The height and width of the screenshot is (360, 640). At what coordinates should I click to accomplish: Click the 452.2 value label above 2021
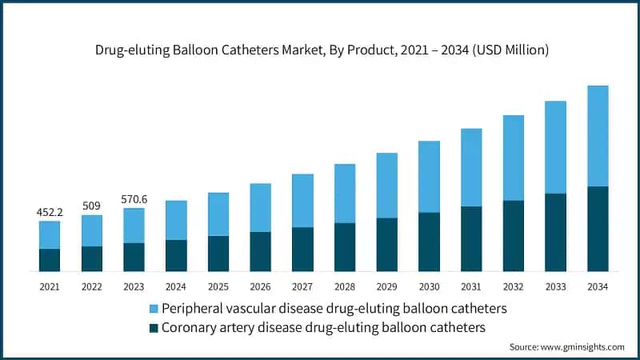50,213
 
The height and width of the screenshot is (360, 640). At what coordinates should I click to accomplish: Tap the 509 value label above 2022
91,206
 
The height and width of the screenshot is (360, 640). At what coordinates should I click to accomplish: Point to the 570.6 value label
134,199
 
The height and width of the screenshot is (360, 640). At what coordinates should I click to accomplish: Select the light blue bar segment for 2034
598,136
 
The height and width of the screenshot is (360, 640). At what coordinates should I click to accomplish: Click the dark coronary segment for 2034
598,229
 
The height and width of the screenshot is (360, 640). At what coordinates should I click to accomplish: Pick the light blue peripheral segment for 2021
50,234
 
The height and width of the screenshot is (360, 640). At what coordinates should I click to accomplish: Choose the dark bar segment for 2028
345,246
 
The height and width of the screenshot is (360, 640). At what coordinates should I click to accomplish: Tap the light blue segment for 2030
429,177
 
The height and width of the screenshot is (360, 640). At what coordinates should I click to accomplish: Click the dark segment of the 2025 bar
218,253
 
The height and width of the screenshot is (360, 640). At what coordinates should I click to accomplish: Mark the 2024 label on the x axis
176,286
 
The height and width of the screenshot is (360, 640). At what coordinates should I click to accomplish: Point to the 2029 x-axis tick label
386,286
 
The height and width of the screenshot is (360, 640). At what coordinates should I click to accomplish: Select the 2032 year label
513,286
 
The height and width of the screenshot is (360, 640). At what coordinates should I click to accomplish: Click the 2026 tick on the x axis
260,286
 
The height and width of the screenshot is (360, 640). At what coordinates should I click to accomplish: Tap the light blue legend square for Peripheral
153,308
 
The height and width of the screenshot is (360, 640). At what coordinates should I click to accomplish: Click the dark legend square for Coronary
153,327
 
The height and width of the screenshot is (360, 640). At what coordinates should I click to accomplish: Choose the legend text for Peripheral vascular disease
334,308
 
